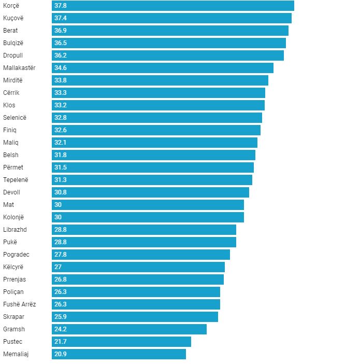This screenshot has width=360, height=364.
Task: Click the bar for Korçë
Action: click(173, 6)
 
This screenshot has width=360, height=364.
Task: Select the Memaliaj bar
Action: click(119, 354)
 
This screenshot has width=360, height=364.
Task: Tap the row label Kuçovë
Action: click(13, 18)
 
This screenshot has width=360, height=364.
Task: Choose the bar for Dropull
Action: click(168, 55)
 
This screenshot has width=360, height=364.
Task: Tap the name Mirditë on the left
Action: click(12, 80)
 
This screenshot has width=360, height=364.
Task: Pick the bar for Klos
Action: click(158, 105)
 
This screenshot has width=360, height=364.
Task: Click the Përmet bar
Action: click(153, 167)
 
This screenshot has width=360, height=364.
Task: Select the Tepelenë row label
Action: click(16, 180)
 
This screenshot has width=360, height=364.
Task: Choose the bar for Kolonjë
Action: click(148, 217)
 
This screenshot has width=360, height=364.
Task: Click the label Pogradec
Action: click(16, 255)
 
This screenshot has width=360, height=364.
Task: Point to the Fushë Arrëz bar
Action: click(136, 304)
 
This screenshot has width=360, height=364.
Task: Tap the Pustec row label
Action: click(12, 342)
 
